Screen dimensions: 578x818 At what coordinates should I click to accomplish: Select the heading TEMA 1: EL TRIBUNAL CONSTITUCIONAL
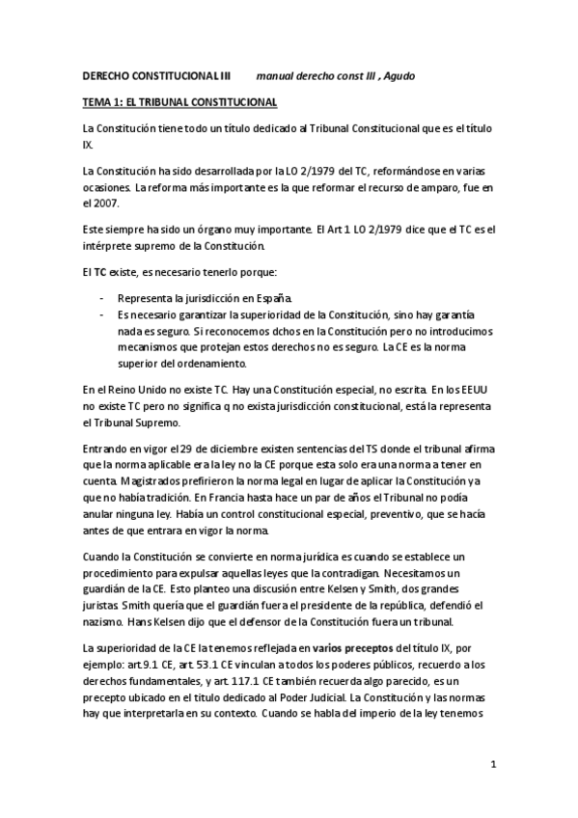click(179, 101)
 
